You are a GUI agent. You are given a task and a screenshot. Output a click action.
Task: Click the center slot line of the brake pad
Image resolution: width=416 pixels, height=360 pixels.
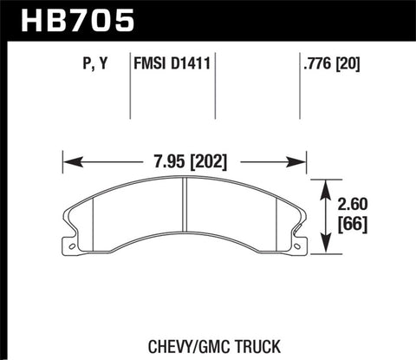(x=185, y=219)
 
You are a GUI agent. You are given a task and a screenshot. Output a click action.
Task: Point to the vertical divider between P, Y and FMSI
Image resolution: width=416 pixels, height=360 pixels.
(x=129, y=87)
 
